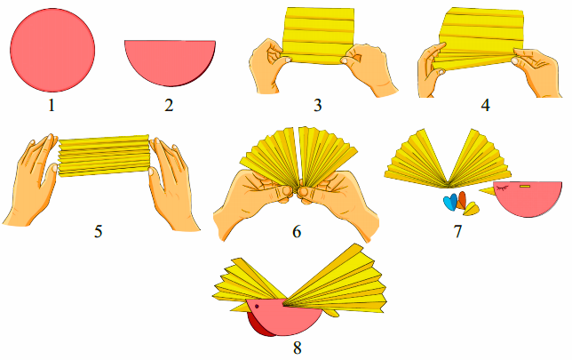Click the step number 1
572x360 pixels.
[x=52, y=106]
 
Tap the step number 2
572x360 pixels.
[x=169, y=106]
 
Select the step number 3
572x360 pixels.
[x=318, y=106]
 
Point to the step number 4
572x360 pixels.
[x=485, y=106]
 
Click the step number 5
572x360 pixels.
[x=98, y=231]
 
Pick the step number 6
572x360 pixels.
[x=297, y=231]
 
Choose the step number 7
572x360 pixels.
[x=457, y=231]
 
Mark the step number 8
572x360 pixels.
[x=298, y=348]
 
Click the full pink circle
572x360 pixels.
[x=52, y=50]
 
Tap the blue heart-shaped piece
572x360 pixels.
[x=450, y=203]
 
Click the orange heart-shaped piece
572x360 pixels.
[x=462, y=200]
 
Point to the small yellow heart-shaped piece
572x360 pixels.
[x=472, y=209]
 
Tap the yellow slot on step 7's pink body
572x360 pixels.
[x=525, y=187]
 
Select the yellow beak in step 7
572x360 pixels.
[x=488, y=190]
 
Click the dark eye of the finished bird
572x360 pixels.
[x=257, y=306]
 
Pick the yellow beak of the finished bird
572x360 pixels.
[x=240, y=307]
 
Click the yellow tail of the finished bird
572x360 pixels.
[x=332, y=313]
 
